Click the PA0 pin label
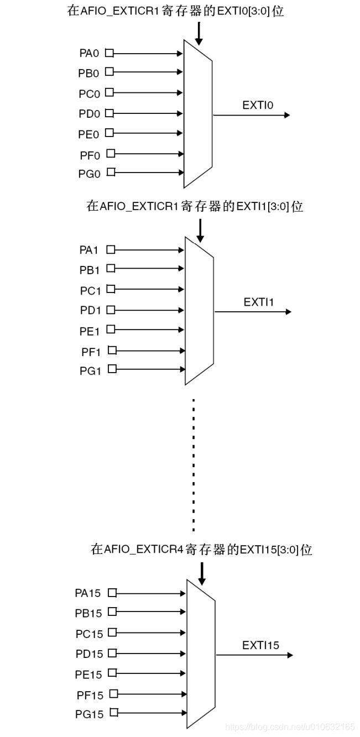coord(89,54)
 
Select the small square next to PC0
coord(109,92)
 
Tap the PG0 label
coord(90,174)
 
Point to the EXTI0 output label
coord(258,105)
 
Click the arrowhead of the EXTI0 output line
coord(287,115)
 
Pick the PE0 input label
coord(89,134)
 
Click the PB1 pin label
coord(89,269)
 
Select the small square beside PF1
coord(112,350)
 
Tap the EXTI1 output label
coord(259,302)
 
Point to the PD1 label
coord(90,310)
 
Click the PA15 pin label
coord(88,593)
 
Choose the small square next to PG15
coord(114,713)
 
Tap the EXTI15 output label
coord(260,645)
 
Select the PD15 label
coord(89,654)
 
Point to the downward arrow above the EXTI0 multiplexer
coord(199,34)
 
